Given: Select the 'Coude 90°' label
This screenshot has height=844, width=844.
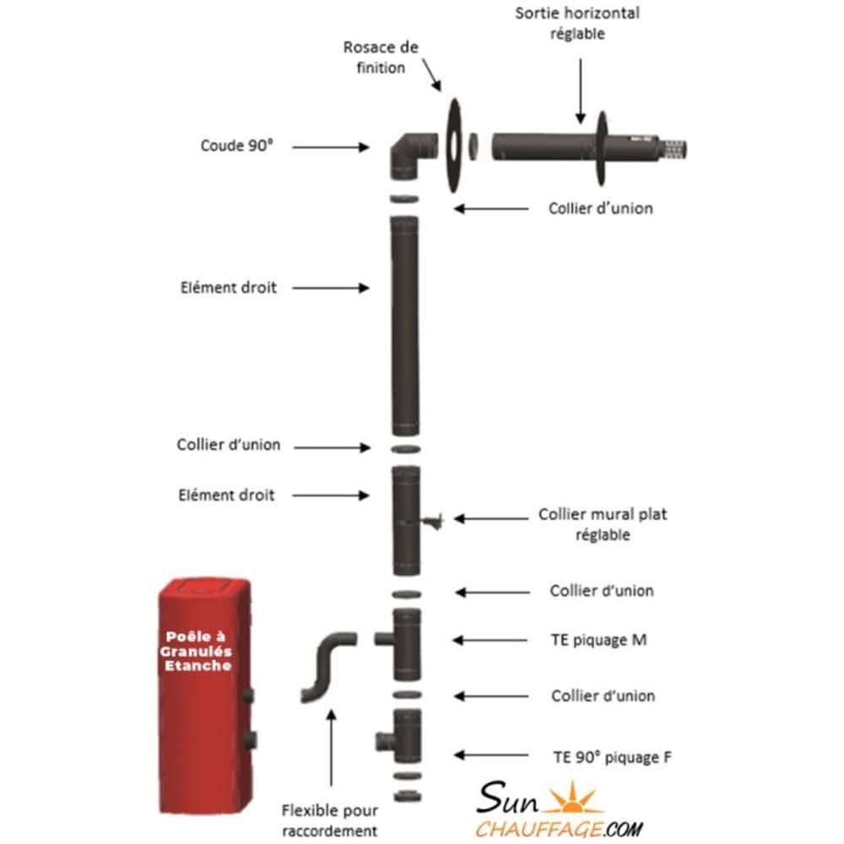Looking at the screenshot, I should pos(237,145).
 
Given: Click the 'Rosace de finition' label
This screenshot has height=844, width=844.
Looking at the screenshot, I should pos(381,57).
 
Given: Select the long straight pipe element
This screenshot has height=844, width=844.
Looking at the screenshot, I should pos(404,325).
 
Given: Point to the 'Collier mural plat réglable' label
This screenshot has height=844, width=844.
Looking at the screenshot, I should pos(602,524).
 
